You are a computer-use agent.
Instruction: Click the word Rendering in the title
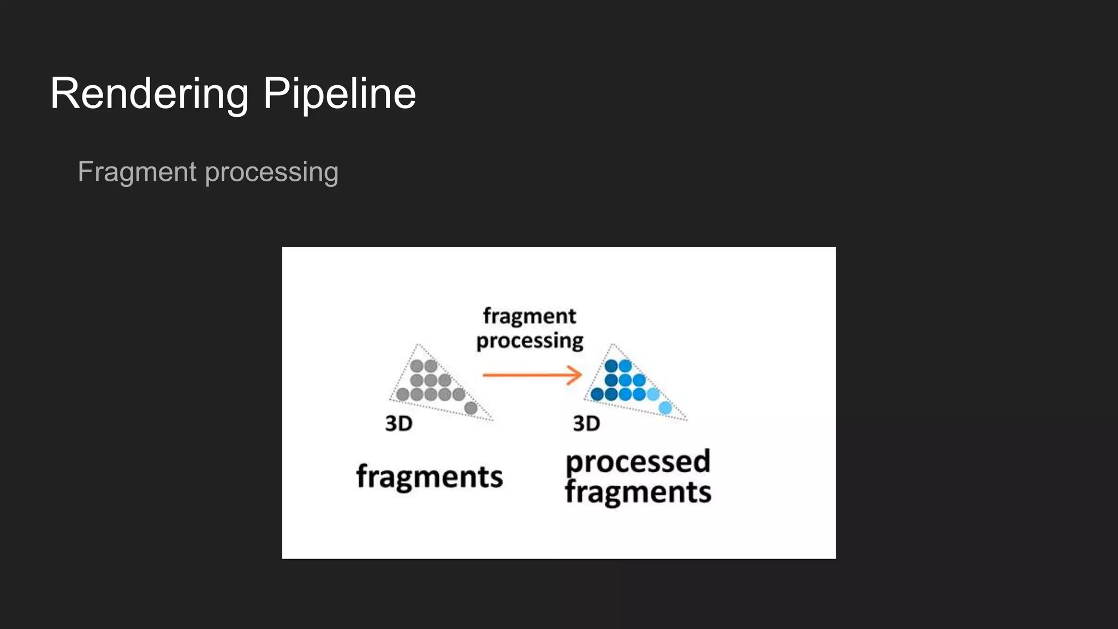click(149, 94)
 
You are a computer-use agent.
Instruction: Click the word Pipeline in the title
click(339, 94)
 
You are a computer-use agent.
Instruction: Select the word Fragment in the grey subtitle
click(137, 172)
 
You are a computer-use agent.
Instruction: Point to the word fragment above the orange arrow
click(529, 316)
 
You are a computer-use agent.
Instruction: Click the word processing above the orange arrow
click(530, 341)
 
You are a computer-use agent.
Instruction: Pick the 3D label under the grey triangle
click(399, 424)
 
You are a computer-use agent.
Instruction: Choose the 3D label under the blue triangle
click(586, 424)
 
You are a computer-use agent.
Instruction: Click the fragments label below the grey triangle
click(430, 477)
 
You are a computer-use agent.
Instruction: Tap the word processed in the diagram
click(638, 462)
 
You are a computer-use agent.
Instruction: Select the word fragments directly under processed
click(638, 492)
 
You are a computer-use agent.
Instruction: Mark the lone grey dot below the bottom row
click(471, 408)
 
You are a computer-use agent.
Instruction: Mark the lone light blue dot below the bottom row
click(665, 407)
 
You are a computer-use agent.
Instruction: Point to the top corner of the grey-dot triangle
click(418, 345)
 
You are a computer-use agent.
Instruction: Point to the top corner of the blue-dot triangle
click(612, 345)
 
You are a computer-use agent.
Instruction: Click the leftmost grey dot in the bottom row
click(403, 394)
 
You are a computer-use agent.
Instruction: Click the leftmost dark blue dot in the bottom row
click(597, 394)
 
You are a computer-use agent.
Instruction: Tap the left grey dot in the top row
click(417, 366)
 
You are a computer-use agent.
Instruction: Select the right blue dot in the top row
click(626, 366)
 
